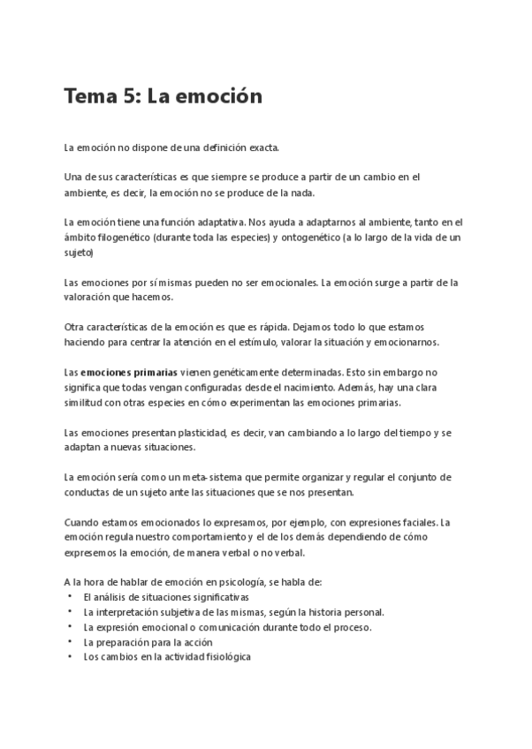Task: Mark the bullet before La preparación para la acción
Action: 70,642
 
